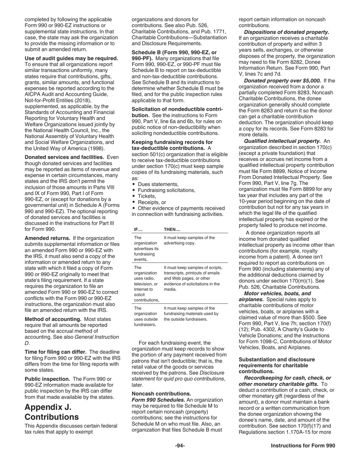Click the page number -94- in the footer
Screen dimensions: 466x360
pos(180,446)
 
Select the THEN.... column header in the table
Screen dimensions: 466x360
pos(172,229)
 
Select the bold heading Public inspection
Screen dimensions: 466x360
pos(47,379)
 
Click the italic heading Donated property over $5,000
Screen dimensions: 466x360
pos(282,80)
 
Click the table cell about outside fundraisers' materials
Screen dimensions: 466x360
pos(191,314)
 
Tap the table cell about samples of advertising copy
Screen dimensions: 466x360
pos(189,240)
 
